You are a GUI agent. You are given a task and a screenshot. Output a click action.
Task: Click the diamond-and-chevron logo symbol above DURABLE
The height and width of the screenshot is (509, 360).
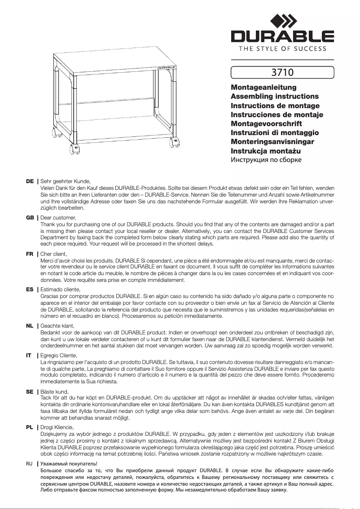pyautogui.click(x=282, y=21)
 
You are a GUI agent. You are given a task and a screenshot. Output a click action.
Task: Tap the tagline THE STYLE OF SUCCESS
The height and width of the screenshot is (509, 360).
pyautogui.click(x=282, y=48)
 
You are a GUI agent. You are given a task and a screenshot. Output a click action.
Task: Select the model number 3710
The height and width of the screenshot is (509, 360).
pyautogui.click(x=282, y=72)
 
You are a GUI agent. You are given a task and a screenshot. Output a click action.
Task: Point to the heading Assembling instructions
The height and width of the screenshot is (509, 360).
pyautogui.click(x=274, y=97)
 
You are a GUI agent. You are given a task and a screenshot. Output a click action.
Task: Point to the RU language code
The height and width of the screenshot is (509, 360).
pyautogui.click(x=30, y=463)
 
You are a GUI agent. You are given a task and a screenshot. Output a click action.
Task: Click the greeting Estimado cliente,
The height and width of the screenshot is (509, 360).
pyautogui.click(x=60, y=290)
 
